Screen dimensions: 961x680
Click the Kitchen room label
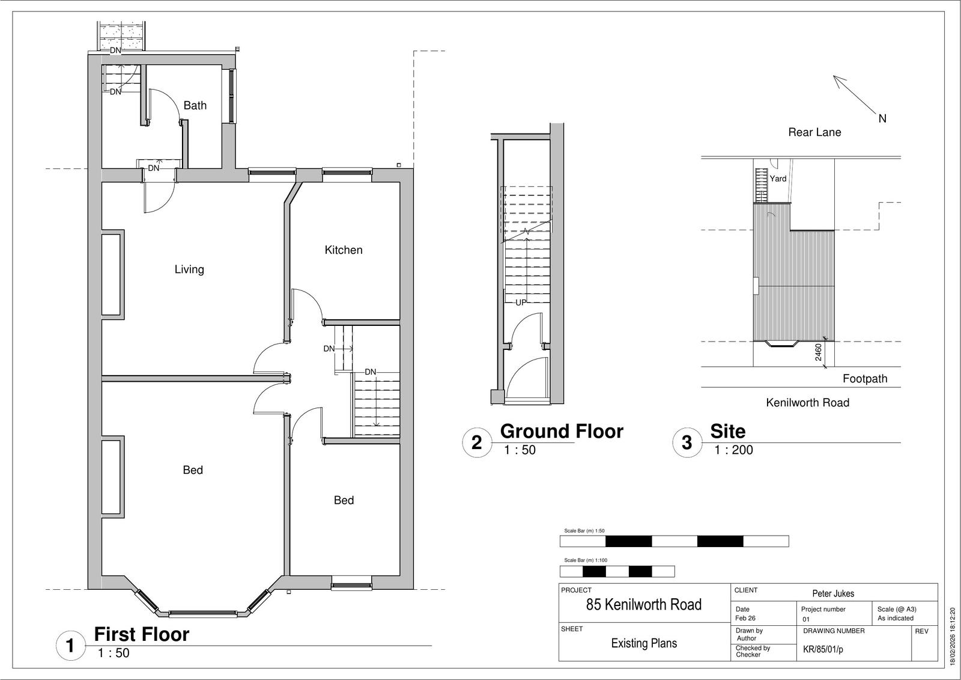pyautogui.click(x=343, y=250)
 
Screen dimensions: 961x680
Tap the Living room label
pyautogui.click(x=189, y=269)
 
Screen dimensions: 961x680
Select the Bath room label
pyautogui.click(x=195, y=105)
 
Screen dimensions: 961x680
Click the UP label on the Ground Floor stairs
pyautogui.click(x=521, y=302)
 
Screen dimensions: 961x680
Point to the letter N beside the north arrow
pyautogui.click(x=882, y=118)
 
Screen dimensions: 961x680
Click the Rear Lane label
pyautogui.click(x=814, y=132)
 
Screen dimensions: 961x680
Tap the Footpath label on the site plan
pyautogui.click(x=865, y=378)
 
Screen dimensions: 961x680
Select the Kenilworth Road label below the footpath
pyautogui.click(x=807, y=402)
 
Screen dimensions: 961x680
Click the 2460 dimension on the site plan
pyautogui.click(x=818, y=353)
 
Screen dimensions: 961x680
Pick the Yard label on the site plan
pyautogui.click(x=778, y=179)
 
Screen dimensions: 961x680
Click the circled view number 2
pyautogui.click(x=477, y=443)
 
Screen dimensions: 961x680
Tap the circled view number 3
pyautogui.click(x=687, y=443)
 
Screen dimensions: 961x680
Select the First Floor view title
pyautogui.click(x=142, y=634)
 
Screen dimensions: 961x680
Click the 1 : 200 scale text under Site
pyautogui.click(x=733, y=450)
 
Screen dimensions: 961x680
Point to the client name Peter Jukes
pyautogui.click(x=833, y=593)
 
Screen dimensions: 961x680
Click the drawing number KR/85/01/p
pyautogui.click(x=823, y=649)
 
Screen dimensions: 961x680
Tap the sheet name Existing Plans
pyautogui.click(x=644, y=643)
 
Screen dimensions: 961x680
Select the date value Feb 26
pyautogui.click(x=745, y=618)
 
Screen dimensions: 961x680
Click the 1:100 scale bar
pyautogui.click(x=617, y=571)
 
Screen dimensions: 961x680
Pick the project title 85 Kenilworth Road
pyautogui.click(x=643, y=604)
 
